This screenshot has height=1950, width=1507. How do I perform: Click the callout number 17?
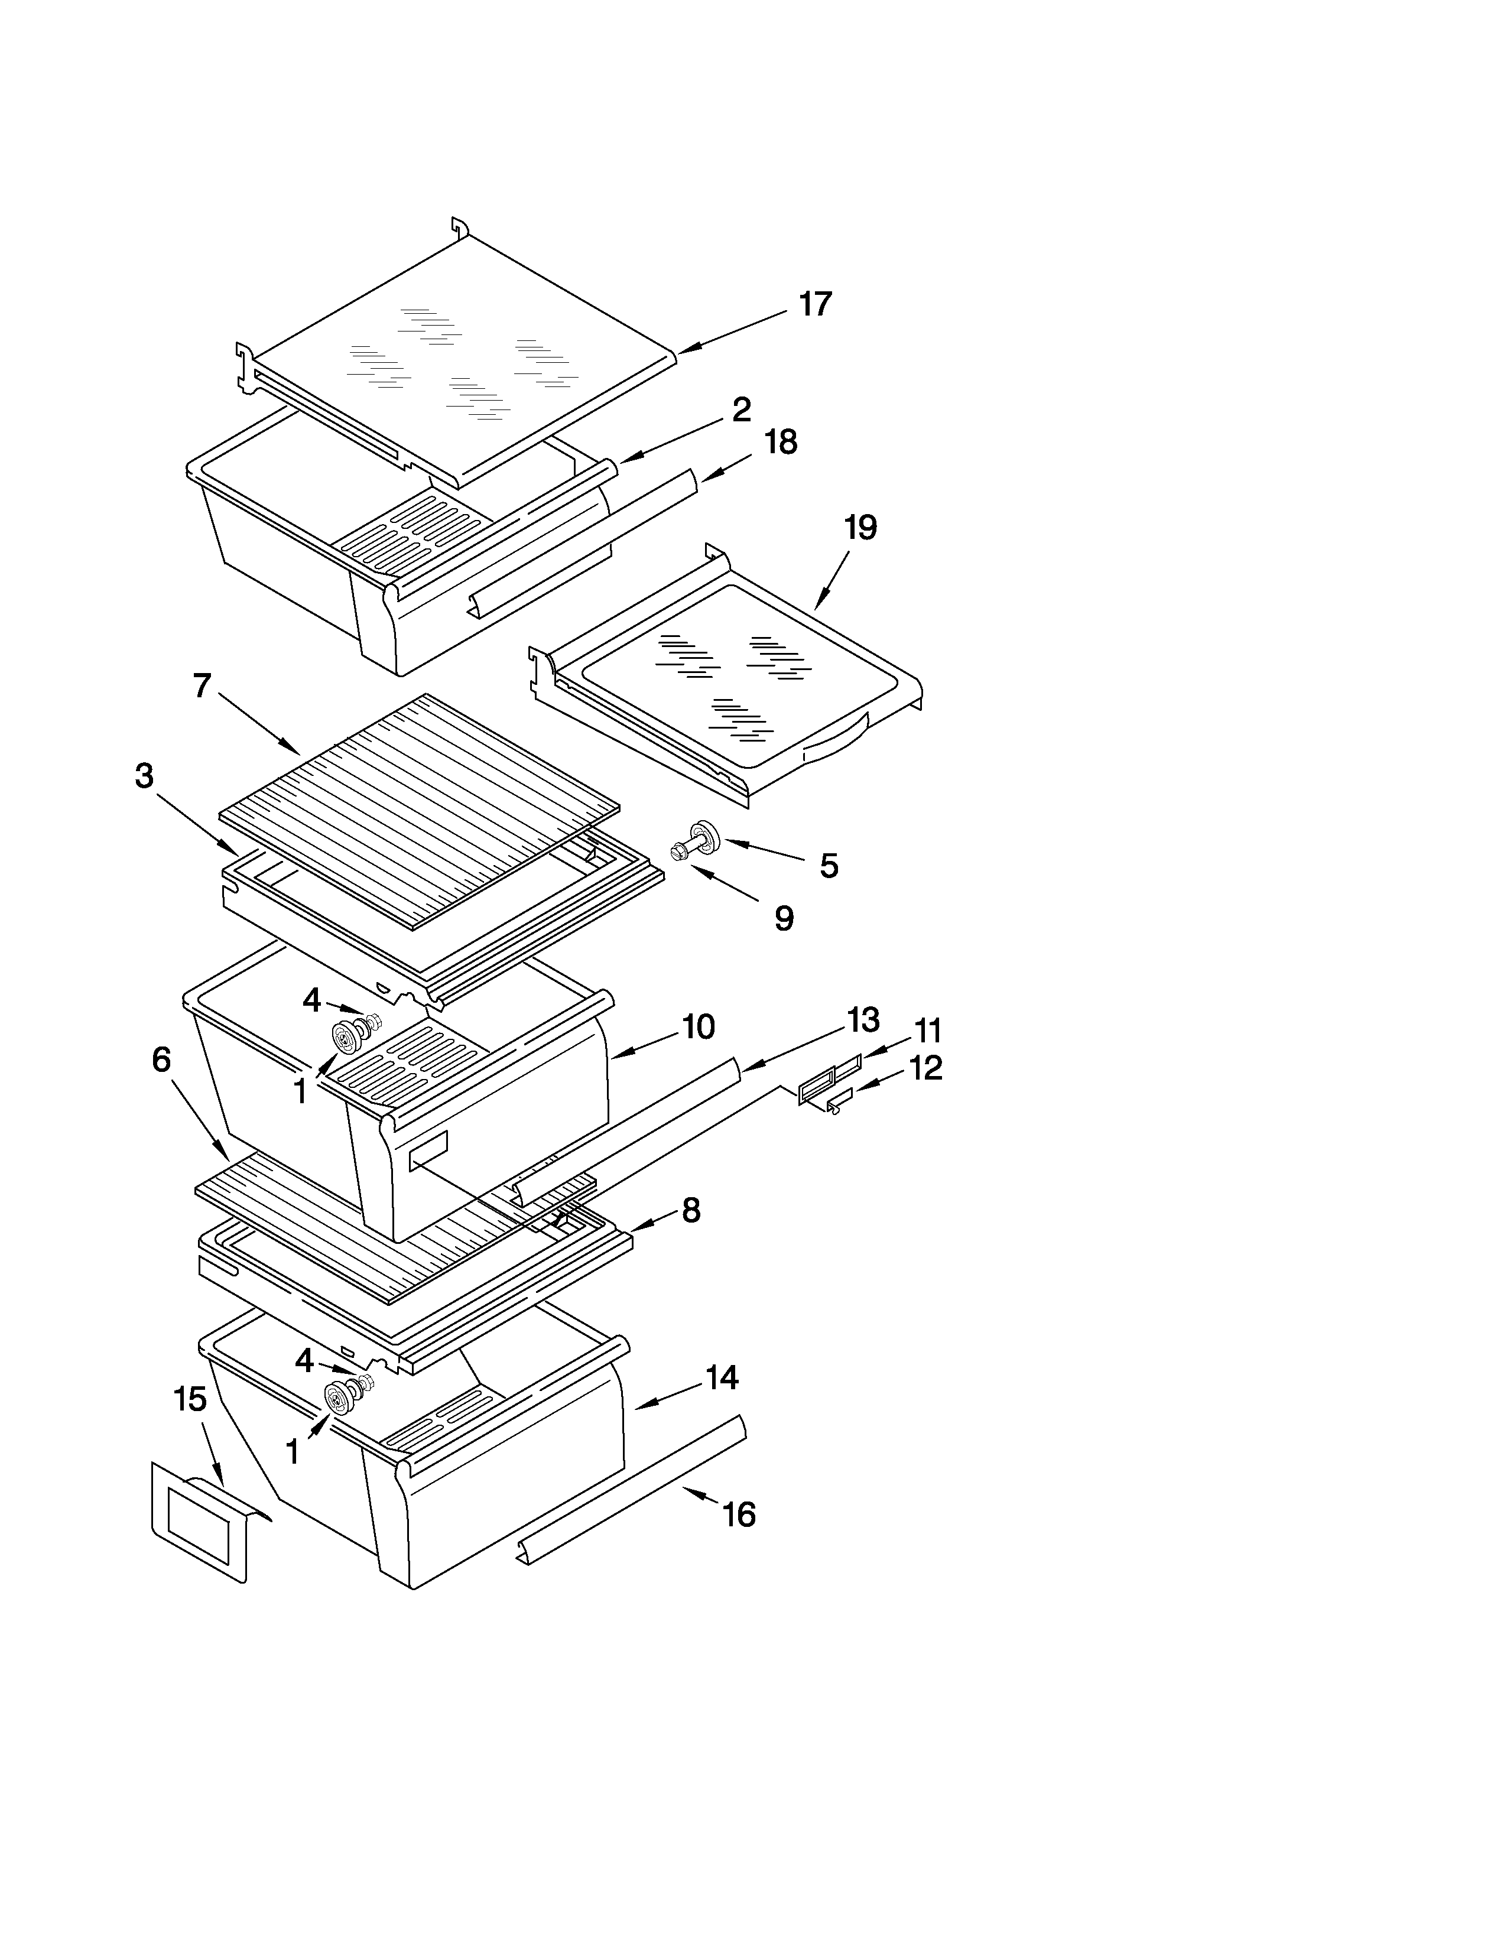814,304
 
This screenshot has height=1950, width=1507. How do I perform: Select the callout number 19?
860,528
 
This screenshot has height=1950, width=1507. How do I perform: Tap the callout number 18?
781,442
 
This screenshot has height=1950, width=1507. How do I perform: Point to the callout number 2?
741,410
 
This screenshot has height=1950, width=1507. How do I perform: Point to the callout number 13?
862,1019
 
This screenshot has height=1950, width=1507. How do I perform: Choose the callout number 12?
926,1068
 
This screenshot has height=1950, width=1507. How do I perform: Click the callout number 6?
161,1060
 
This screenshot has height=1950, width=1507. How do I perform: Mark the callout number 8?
690,1211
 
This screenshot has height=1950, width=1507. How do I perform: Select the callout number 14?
722,1377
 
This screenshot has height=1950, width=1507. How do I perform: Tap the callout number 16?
738,1514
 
